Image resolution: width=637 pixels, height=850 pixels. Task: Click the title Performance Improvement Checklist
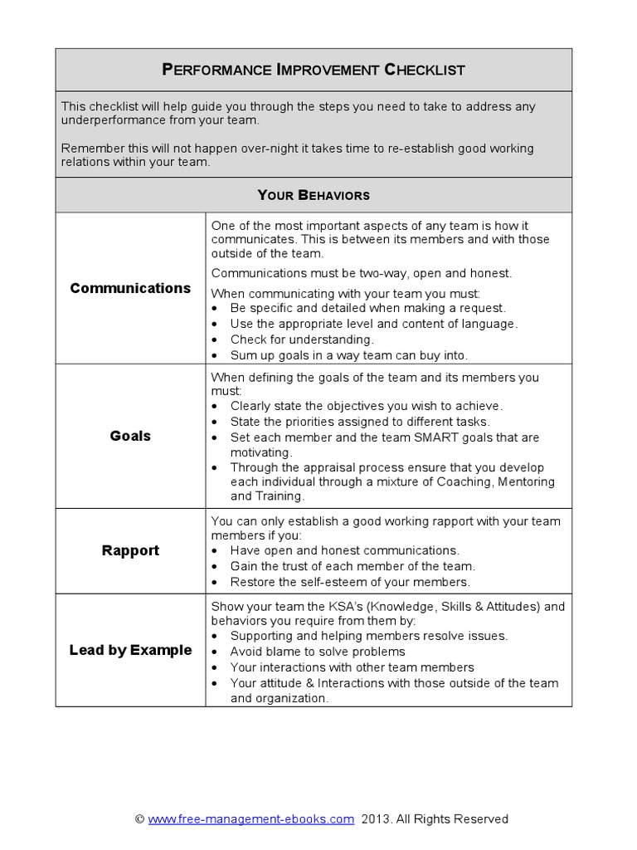[x=313, y=70]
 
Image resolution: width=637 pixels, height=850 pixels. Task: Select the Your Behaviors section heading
[x=313, y=195]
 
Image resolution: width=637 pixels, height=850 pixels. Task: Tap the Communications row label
[x=130, y=288]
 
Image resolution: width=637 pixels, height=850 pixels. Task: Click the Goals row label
[x=130, y=436]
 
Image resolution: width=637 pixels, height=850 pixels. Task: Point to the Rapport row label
[x=130, y=550]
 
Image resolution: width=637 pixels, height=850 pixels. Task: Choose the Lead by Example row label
[x=130, y=650]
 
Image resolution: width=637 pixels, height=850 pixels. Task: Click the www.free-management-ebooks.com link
[x=250, y=818]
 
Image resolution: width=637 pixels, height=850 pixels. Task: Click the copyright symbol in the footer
[x=139, y=818]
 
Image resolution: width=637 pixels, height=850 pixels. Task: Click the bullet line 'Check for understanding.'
[x=302, y=340]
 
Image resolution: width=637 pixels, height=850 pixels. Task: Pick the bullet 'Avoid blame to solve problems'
[x=318, y=652]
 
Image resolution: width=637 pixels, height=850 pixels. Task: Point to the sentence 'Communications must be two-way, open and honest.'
[x=362, y=272]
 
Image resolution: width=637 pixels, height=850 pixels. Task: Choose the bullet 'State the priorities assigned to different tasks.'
[x=360, y=422]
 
